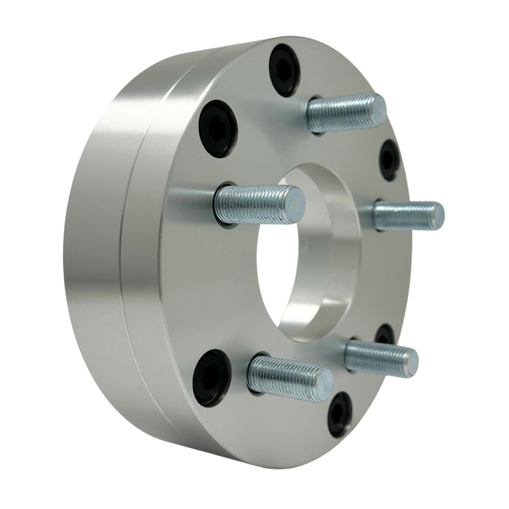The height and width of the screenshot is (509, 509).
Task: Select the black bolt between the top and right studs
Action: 388,160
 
